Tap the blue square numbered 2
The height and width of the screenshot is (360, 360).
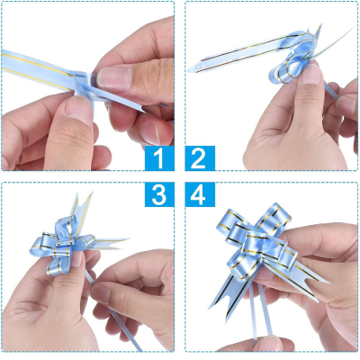click(200, 158)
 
